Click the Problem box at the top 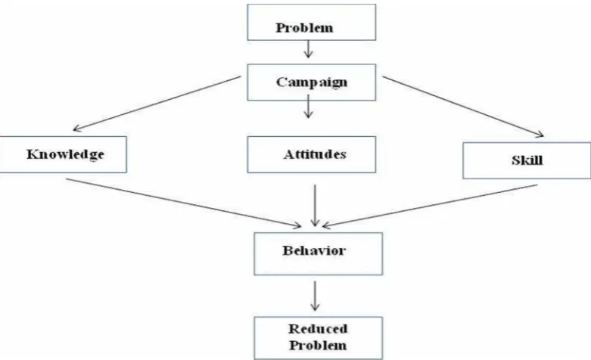click(311, 22)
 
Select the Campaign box click(311, 82)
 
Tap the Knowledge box click(63, 154)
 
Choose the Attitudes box click(311, 154)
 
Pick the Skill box click(527, 160)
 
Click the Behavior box click(318, 254)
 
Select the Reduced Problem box click(318, 338)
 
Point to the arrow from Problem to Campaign click(308, 49)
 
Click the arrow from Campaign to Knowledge click(157, 104)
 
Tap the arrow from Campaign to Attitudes click(308, 106)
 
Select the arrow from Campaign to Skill click(463, 107)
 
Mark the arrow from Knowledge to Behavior click(184, 203)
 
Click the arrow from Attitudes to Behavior click(315, 205)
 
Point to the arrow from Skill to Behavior click(430, 206)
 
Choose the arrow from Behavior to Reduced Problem click(315, 296)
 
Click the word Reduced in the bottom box click(318, 329)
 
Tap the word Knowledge click(65, 154)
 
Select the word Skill click(527, 160)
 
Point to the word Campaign click(311, 82)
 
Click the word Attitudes click(315, 154)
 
